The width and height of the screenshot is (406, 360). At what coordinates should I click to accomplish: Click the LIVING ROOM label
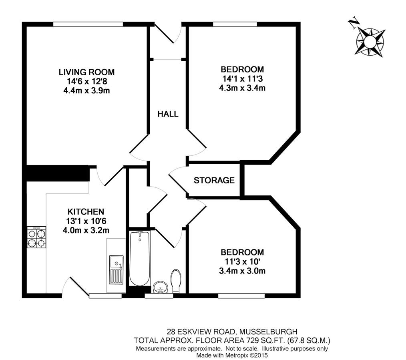pos(86,72)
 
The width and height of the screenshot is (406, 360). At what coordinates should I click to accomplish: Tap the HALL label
pos(168,114)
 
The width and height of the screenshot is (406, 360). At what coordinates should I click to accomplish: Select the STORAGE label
pos(214,180)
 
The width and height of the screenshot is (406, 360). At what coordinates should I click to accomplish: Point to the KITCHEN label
pos(86,211)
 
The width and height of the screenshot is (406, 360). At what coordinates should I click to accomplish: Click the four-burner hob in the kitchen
pos(36,237)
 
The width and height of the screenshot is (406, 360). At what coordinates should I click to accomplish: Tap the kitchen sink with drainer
pos(116,269)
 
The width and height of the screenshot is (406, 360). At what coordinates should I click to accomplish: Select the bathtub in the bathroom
pos(140,258)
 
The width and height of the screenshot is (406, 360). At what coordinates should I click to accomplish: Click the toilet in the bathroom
pos(176,281)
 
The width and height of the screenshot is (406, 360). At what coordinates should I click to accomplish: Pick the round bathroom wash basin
pos(161,287)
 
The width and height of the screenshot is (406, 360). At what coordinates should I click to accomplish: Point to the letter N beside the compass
pos(353,23)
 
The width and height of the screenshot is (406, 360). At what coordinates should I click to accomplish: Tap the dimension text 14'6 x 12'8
pos(87,81)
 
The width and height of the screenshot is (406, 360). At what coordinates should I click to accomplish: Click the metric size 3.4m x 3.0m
pos(242,271)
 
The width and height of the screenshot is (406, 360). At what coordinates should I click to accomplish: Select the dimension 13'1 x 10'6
pos(86,221)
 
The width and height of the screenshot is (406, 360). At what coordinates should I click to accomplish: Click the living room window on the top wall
pos(88,24)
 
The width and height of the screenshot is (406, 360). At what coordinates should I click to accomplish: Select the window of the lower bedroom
pos(241,296)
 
